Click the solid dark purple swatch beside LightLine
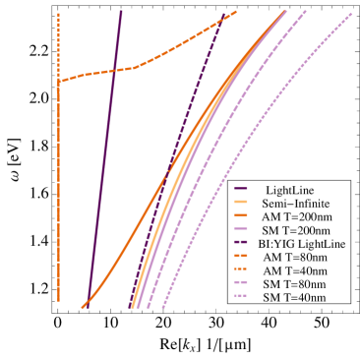pos(243,188)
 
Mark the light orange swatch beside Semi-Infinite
pos(243,202)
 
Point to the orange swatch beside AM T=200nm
pos(243,215)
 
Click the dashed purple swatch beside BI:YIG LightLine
pos(243,243)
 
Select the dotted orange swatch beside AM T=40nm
pos(243,270)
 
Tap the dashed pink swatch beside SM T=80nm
pos(243,283)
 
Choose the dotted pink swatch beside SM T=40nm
pos(243,296)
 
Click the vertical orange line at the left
pos(59,197)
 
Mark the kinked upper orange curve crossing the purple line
pos(177,49)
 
